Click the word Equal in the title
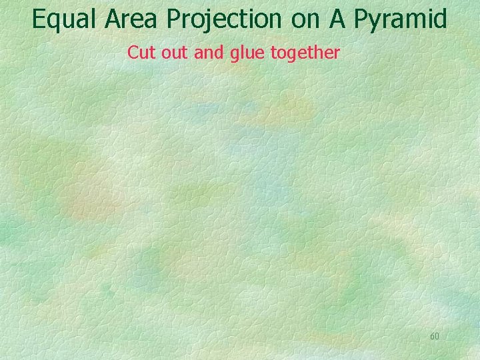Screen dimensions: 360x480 coord(65,19)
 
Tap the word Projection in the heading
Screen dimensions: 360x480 coord(225,19)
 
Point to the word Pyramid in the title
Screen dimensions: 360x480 coord(401,19)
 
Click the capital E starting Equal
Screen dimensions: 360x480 coord(39,19)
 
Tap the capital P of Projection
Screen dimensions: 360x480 coord(175,19)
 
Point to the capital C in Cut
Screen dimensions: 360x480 coord(132,52)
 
